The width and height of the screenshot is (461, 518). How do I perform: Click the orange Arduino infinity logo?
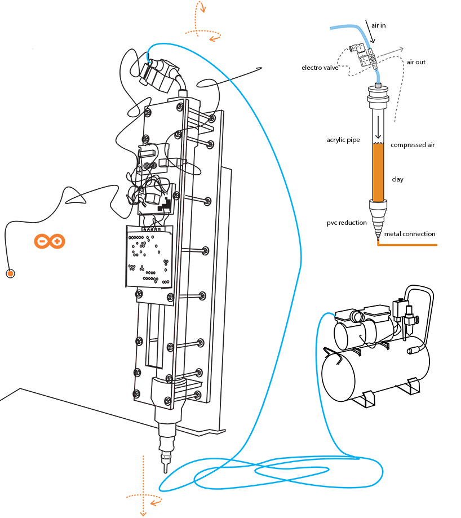coord(50,241)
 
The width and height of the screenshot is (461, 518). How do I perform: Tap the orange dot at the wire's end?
coord(10,274)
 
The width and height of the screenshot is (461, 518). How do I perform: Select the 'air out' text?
coord(416,62)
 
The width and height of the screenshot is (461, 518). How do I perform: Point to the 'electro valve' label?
coord(320,68)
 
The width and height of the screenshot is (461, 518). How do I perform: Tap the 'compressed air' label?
coord(413,145)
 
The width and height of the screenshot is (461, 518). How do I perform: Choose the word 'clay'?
coord(397,179)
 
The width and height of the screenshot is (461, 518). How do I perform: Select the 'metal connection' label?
coord(409,234)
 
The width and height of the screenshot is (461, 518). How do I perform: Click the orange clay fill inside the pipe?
coord(378,172)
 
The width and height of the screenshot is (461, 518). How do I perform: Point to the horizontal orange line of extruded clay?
coord(409,245)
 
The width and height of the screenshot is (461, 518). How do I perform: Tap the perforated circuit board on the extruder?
coord(148,256)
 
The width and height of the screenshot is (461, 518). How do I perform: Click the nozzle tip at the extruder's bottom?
coord(166,467)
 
